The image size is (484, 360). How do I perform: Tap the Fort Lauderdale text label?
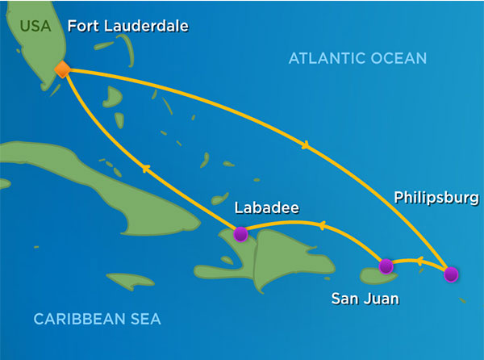[127, 26]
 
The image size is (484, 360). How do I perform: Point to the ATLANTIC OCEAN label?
[357, 58]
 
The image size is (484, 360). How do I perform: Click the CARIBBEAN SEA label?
[97, 320]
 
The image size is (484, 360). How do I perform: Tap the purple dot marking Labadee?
[240, 234]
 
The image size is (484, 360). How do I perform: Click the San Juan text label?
[365, 299]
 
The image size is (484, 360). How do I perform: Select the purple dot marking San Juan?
[386, 266]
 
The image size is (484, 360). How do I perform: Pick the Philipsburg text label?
[436, 197]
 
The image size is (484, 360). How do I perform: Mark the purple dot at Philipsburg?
[450, 274]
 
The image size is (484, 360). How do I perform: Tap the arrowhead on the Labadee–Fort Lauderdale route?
[144, 167]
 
